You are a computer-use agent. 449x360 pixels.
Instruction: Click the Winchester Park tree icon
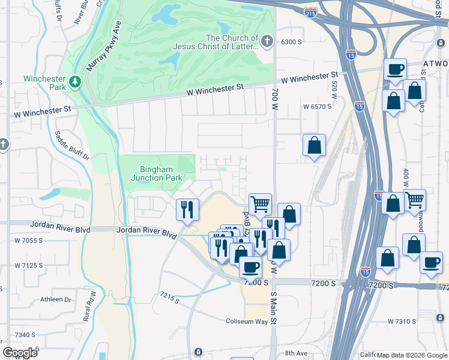pyautogui.click(x=75, y=81)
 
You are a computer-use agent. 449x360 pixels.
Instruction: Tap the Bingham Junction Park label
pyautogui.click(x=156, y=173)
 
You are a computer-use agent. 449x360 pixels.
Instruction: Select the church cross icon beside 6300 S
pyautogui.click(x=268, y=41)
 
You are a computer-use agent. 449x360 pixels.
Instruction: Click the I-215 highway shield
pyautogui.click(x=311, y=12)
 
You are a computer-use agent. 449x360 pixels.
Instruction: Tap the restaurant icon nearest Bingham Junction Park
pyautogui.click(x=187, y=209)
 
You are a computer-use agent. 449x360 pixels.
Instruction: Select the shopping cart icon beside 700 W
pyautogui.click(x=260, y=204)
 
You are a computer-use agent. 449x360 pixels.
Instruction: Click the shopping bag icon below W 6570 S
pyautogui.click(x=314, y=145)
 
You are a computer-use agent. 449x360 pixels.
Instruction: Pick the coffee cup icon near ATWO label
pyautogui.click(x=395, y=70)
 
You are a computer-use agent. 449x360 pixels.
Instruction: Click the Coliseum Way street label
pyautogui.click(x=246, y=321)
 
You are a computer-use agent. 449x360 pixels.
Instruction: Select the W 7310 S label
pyautogui.click(x=402, y=322)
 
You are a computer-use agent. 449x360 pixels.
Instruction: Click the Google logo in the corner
pyautogui.click(x=20, y=353)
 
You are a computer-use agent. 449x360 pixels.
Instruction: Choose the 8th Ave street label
pyautogui.click(x=296, y=353)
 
